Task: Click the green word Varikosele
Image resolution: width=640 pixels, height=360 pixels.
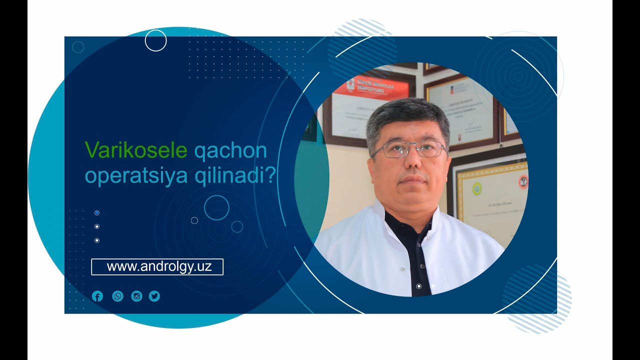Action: pos(135,150)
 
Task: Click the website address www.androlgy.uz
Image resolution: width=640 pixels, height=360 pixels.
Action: pos(159,267)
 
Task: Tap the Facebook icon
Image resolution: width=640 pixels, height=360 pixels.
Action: pos(97,296)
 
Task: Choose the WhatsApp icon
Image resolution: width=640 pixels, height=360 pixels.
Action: pos(117,296)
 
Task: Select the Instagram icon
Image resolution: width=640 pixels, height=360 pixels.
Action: pos(136,296)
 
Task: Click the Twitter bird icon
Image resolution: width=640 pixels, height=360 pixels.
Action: pos(154,296)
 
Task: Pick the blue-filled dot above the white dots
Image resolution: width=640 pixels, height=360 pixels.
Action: pos(97,213)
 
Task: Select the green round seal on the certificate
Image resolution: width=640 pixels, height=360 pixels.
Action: pos(478,188)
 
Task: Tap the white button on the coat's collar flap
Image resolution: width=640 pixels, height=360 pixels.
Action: pos(402,269)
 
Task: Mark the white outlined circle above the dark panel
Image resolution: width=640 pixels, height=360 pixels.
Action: pos(155,40)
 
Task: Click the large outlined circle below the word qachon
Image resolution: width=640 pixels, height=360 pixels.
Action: pos(216,207)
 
